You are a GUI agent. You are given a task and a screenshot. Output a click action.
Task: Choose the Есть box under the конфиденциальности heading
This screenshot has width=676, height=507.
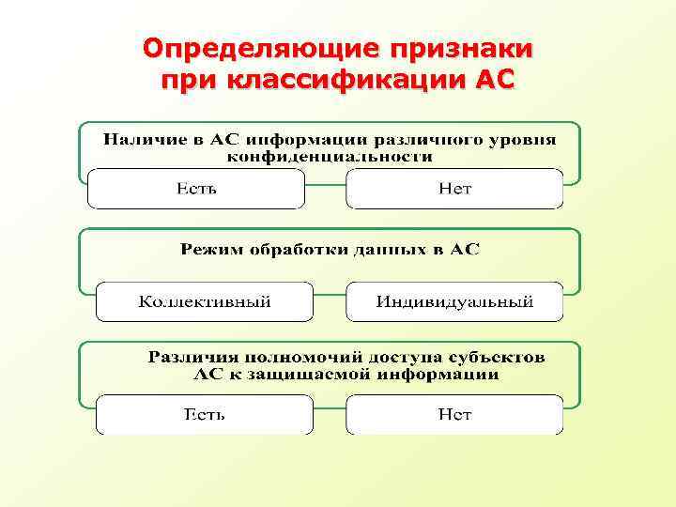coord(196,189)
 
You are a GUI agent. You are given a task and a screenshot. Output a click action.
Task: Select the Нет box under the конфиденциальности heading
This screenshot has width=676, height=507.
coord(454,189)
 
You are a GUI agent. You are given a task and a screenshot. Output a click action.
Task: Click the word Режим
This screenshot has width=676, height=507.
coord(206,250)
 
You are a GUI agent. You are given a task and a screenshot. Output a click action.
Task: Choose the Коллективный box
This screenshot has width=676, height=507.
coord(205,301)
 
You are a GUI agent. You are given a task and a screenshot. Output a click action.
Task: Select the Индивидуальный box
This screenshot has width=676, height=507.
coord(454,301)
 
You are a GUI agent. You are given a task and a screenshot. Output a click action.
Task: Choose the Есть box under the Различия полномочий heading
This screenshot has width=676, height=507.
coord(205,414)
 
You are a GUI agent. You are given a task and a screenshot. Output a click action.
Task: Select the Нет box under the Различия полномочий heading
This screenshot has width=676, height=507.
coord(454,414)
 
